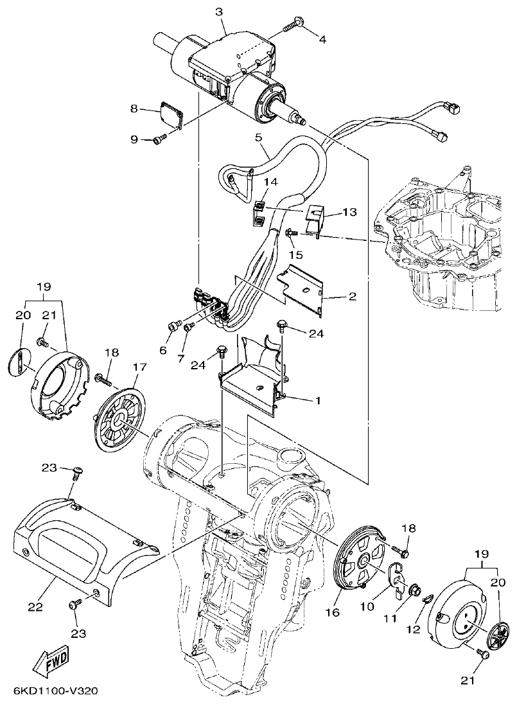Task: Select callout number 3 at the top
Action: click(x=219, y=12)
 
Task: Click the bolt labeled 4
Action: click(x=292, y=25)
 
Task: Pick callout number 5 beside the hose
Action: click(x=258, y=137)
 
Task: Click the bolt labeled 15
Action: click(x=288, y=233)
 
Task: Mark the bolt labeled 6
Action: click(x=173, y=327)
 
